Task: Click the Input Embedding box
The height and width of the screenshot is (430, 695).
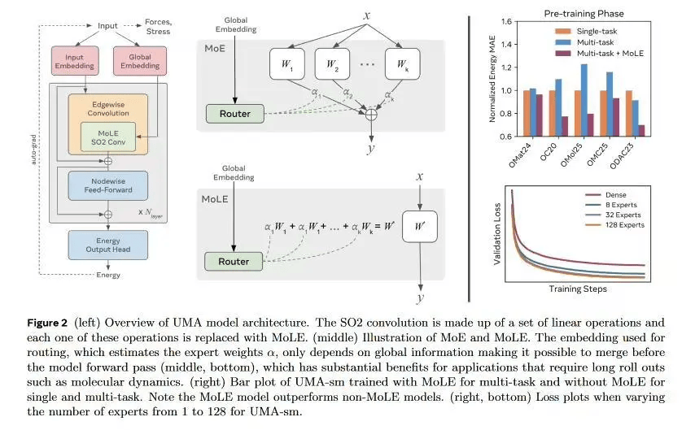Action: [x=75, y=61]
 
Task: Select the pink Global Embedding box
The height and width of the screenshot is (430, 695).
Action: [x=140, y=61]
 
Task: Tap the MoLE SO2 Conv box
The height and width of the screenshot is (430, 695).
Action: [x=108, y=137]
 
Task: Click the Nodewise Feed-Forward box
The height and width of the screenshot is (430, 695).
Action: [x=108, y=185]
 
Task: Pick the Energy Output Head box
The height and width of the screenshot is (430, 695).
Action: [x=108, y=245]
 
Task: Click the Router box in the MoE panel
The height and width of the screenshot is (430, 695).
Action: [x=235, y=114]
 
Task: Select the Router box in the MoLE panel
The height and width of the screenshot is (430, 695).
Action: [x=234, y=261]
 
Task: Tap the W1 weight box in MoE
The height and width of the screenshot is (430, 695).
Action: [x=287, y=64]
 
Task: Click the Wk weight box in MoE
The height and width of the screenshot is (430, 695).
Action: [x=402, y=64]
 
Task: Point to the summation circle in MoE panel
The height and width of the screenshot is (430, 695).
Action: [x=371, y=115]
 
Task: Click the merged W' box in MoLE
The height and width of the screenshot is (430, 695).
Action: [x=420, y=227]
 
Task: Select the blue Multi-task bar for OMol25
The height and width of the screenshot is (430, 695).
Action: [x=584, y=100]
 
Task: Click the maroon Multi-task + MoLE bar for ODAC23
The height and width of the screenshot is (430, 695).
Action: [x=641, y=131]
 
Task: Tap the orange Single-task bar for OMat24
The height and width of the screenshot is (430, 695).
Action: [x=527, y=113]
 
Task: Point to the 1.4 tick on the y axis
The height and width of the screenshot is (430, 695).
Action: [x=506, y=44]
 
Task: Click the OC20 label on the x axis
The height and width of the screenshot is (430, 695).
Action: [x=549, y=152]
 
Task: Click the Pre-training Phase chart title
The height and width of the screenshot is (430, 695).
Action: [x=584, y=14]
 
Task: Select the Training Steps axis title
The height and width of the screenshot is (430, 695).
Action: [x=578, y=289]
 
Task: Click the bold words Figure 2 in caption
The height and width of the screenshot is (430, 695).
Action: [x=47, y=323]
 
